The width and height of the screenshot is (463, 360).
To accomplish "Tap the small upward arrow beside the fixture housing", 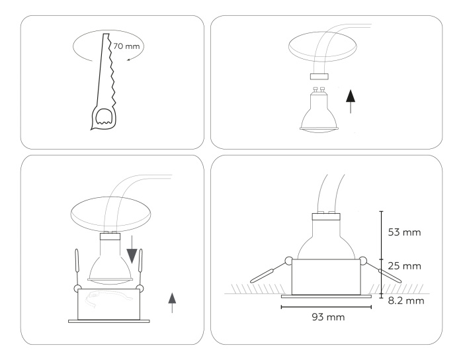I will click(173, 302).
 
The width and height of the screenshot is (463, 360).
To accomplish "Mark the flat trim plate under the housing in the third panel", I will click(109, 321).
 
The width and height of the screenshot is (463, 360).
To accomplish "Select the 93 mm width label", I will click(325, 318).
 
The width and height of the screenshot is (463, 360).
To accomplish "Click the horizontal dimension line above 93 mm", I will click(325, 306).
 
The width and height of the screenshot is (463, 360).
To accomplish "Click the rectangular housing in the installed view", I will click(324, 278).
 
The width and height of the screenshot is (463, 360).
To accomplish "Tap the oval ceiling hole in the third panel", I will click(110, 216).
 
